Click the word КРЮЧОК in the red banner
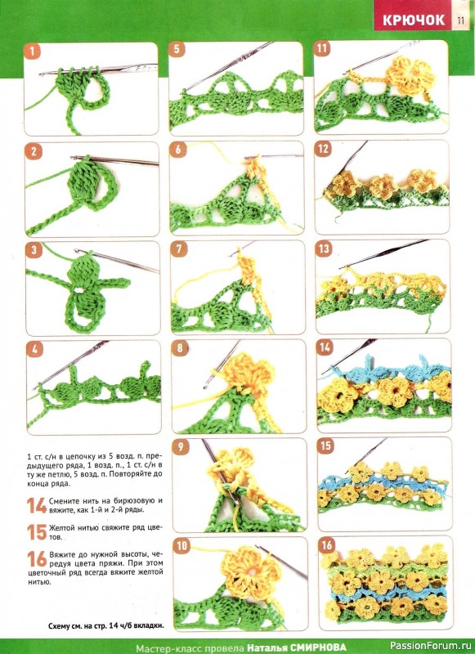pyautogui.click(x=414, y=20)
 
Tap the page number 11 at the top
pyautogui.click(x=460, y=20)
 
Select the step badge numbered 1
pyautogui.click(x=32, y=52)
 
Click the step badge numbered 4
pyautogui.click(x=34, y=350)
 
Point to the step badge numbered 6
pyautogui.click(x=178, y=150)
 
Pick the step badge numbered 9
pyautogui.click(x=181, y=447)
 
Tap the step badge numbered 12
pyautogui.click(x=323, y=149)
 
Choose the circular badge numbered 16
pyautogui.click(x=326, y=545)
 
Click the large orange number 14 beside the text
pyautogui.click(x=37, y=505)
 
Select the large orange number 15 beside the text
pyautogui.click(x=37, y=532)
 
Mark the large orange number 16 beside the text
pyautogui.click(x=37, y=559)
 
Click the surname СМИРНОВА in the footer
pyautogui.click(x=318, y=647)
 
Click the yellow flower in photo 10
pyautogui.click(x=249, y=572)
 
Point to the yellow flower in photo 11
pyautogui.click(x=407, y=75)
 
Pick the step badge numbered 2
pyautogui.click(x=34, y=151)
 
